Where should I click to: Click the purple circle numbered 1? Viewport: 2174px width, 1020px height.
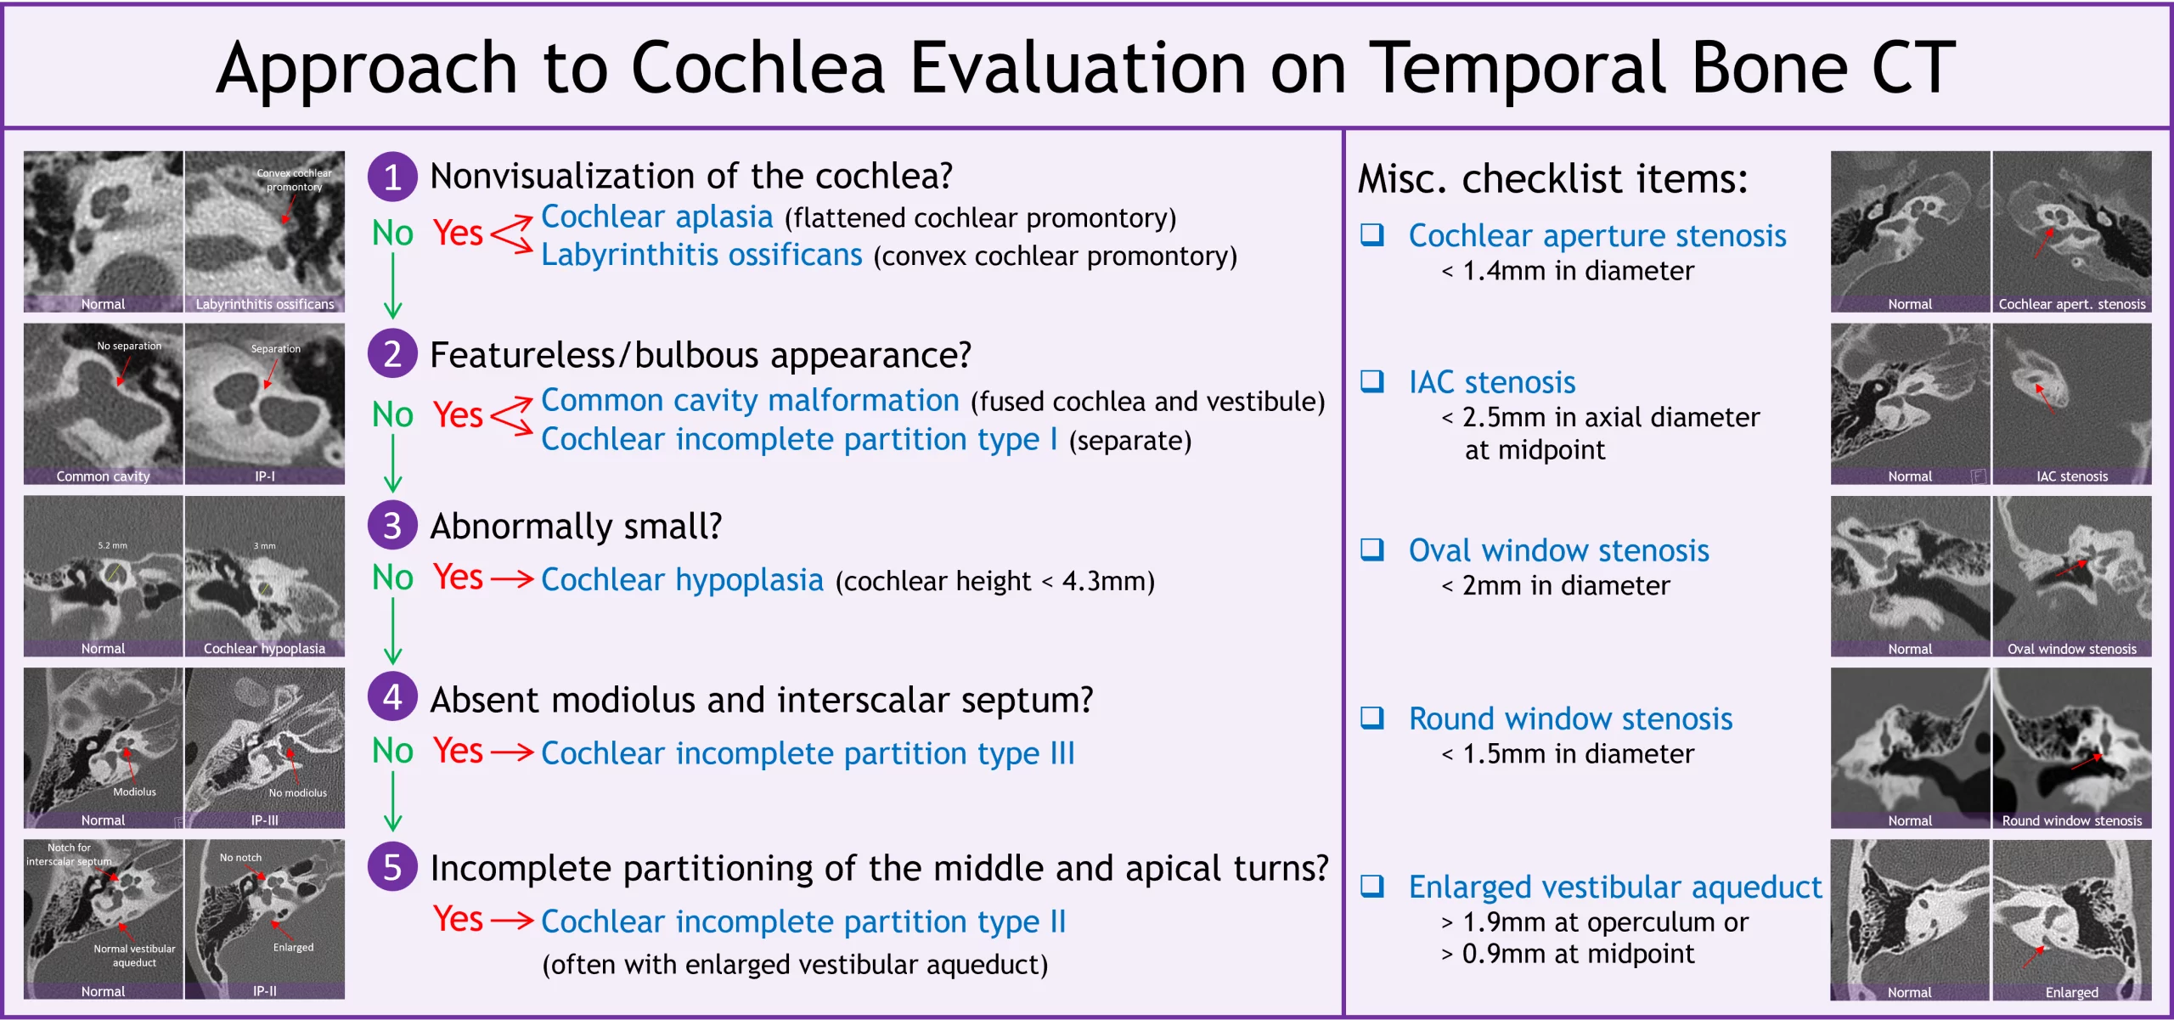tap(391, 177)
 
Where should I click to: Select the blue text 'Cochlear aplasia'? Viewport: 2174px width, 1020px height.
tap(656, 217)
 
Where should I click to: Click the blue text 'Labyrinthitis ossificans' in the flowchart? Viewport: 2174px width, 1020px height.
tap(701, 255)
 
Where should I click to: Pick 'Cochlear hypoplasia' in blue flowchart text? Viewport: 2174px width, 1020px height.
tap(682, 580)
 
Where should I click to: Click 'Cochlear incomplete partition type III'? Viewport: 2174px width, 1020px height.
tap(808, 753)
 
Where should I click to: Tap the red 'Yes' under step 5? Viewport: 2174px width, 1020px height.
tap(458, 919)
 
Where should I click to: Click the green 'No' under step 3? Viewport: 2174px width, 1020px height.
tap(392, 578)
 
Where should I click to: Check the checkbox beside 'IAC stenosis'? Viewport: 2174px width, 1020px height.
tap(1372, 380)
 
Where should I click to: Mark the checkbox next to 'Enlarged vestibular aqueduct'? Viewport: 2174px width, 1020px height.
tap(1372, 886)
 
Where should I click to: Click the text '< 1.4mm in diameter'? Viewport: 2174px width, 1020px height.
tap(1567, 271)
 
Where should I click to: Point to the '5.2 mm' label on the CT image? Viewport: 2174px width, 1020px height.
tap(112, 545)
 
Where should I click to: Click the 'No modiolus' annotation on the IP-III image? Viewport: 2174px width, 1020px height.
tap(297, 792)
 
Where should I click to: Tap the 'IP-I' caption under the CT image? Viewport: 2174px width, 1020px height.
tap(264, 476)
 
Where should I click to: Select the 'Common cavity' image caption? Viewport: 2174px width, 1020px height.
tap(103, 476)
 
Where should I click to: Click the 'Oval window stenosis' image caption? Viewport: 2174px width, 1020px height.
tap(2071, 649)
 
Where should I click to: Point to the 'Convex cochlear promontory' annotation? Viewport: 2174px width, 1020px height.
tap(294, 179)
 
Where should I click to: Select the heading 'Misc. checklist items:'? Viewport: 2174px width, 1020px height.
tap(1552, 179)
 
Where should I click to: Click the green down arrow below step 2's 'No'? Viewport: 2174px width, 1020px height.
tap(392, 463)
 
